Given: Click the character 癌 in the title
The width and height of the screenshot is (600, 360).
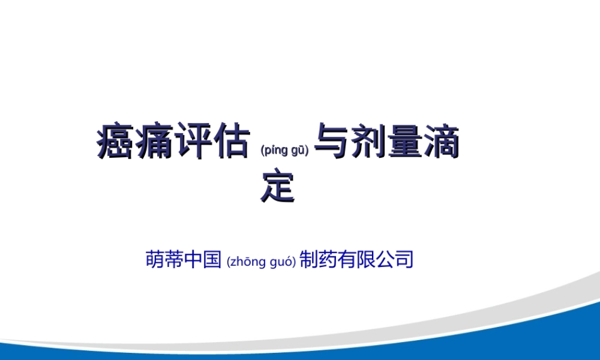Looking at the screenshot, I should pyautogui.click(x=115, y=142).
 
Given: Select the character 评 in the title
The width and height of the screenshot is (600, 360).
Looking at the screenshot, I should pyautogui.click(x=192, y=142).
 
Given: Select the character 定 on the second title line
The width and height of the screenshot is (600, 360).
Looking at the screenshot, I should pyautogui.click(x=278, y=187).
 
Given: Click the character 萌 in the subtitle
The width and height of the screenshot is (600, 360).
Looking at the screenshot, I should pyautogui.click(x=155, y=259).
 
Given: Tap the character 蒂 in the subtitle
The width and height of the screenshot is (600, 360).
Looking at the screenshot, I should pyautogui.click(x=174, y=259).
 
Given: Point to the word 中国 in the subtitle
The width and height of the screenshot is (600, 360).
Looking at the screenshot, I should pyautogui.click(x=203, y=259).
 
